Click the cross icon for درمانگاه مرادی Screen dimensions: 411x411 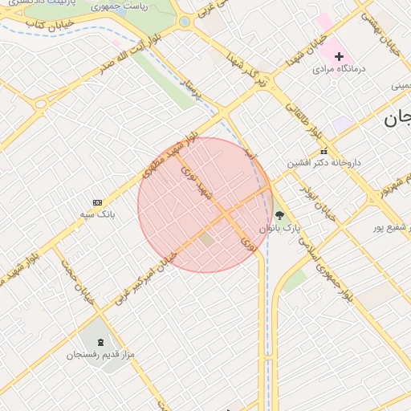339,56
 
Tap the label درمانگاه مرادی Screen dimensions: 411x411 339,69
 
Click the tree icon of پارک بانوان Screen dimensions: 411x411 279,215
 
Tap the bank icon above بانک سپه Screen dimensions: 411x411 98,202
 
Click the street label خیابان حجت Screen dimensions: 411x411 79,280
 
